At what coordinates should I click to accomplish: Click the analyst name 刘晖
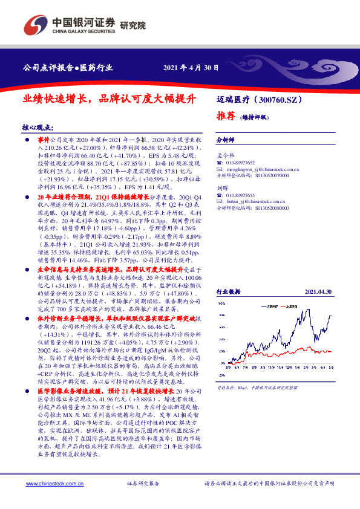[x=222, y=188]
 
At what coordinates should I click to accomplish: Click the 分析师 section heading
[x=226, y=140]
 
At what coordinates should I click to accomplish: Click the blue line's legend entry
[x=269, y=306]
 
